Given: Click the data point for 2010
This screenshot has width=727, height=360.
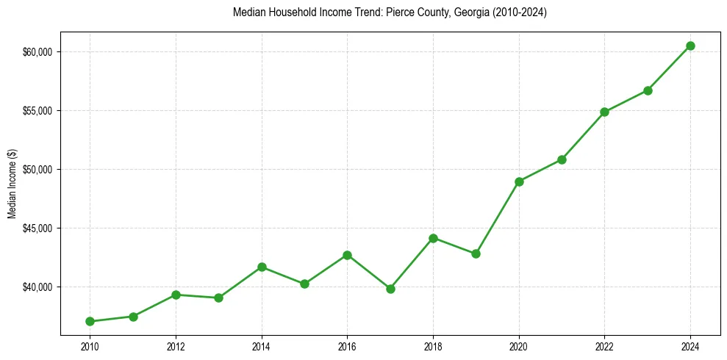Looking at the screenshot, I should [x=90, y=321].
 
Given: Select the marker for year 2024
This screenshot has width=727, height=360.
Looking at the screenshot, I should [x=690, y=46].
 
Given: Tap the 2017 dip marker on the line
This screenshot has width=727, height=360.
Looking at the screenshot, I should [x=390, y=289].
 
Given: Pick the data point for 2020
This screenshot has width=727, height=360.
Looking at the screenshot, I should [x=519, y=181].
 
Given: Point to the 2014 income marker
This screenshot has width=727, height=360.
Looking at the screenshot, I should [x=262, y=267].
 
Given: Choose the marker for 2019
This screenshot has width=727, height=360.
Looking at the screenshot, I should [x=476, y=253].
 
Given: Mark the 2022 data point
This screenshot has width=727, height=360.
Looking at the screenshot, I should [x=604, y=112].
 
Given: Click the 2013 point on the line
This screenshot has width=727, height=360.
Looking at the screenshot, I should [x=218, y=298].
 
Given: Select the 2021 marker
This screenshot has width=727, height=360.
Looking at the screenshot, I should [x=562, y=159].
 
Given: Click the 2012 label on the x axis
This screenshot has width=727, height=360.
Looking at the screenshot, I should [x=176, y=345].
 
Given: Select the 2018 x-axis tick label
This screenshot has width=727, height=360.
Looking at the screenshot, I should [x=433, y=345].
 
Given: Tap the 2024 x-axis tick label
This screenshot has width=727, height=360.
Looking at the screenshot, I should [x=690, y=345].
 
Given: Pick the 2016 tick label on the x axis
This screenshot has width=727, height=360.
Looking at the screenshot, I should [x=347, y=345].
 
